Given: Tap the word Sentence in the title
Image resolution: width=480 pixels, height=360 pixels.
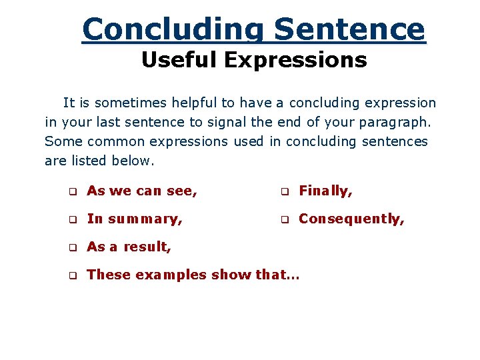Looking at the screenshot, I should (x=349, y=29).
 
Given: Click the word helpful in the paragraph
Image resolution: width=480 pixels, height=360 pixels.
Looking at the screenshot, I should (x=195, y=103).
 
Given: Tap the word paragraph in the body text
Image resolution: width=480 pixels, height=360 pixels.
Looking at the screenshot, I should (x=399, y=122).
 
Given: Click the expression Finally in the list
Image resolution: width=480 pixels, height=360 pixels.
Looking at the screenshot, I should (x=325, y=191).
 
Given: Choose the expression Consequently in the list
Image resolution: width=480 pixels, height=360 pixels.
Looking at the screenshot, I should (x=351, y=219).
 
